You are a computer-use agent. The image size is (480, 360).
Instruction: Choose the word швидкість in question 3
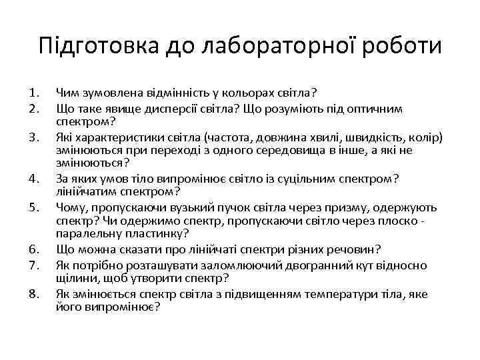367,137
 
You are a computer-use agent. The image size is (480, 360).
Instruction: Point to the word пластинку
154,233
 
